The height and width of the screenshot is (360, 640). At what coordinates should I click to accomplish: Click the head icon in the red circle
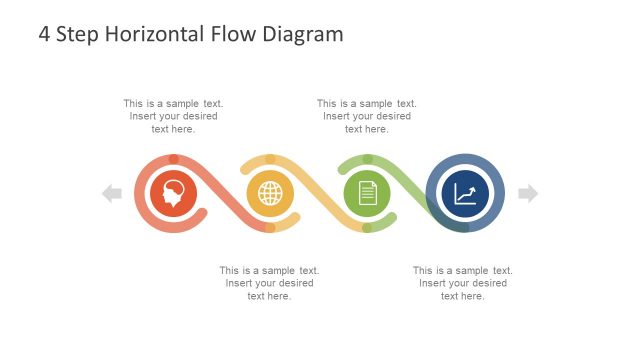[174, 193]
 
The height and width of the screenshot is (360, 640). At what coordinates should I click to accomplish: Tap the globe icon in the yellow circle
[270, 193]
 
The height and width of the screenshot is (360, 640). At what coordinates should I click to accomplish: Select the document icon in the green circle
[367, 193]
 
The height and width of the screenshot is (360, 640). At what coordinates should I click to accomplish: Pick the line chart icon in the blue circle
[464, 193]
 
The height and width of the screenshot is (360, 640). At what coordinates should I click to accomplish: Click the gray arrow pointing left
[112, 193]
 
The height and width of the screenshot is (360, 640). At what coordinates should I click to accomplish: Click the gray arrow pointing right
[527, 193]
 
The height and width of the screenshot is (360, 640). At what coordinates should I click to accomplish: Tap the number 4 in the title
[45, 34]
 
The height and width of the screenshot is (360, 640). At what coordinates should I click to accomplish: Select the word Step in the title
[78, 34]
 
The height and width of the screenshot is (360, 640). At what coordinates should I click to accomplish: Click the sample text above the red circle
[173, 116]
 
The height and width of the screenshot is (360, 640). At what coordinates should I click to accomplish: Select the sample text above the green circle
[367, 116]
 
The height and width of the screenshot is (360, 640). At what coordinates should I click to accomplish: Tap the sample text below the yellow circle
[270, 283]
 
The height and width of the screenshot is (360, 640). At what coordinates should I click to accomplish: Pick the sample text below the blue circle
[463, 283]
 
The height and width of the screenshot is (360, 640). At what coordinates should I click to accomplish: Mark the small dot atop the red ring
[174, 159]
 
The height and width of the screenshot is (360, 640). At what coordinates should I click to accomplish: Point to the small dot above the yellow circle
[270, 159]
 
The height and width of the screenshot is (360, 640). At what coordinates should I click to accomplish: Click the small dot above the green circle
[367, 159]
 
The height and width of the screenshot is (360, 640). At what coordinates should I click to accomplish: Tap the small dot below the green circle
[367, 228]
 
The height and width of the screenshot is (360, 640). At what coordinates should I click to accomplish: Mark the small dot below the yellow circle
[270, 228]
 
